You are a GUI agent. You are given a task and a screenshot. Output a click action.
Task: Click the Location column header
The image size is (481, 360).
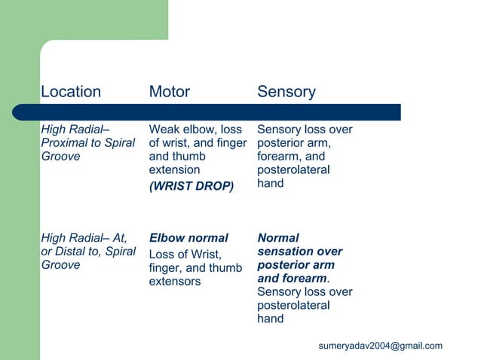pyautogui.click(x=70, y=92)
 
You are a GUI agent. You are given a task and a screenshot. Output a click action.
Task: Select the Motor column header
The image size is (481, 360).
pyautogui.click(x=169, y=92)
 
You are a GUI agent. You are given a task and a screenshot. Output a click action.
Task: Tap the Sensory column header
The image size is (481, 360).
pyautogui.click(x=286, y=92)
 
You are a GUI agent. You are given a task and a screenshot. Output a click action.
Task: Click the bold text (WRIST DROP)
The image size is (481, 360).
pyautogui.click(x=191, y=185)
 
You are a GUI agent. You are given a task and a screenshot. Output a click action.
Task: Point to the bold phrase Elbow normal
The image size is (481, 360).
pyautogui.click(x=188, y=238)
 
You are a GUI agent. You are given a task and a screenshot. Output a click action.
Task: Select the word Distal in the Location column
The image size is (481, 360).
pyautogui.click(x=71, y=252)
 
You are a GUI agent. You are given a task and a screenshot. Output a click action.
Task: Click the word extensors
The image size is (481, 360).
pyautogui.click(x=175, y=282)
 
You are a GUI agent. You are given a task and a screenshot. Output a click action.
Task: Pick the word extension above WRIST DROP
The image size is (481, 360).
pyautogui.click(x=174, y=170)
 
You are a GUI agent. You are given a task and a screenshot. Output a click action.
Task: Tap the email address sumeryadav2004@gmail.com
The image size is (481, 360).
pyautogui.click(x=380, y=346)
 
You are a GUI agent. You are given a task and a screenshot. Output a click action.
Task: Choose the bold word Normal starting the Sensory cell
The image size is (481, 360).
pyautogui.click(x=277, y=238)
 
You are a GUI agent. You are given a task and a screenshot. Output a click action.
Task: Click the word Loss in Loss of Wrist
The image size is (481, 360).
pyautogui.click(x=164, y=254)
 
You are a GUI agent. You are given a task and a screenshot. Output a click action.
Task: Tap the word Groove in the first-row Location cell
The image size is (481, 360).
pyautogui.click(x=60, y=157)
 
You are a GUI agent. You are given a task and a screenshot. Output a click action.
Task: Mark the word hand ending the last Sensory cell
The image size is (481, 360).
pyautogui.click(x=271, y=319)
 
